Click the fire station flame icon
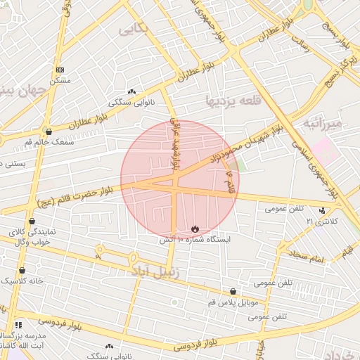click(x=195, y=229)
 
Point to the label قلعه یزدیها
click(x=233, y=102)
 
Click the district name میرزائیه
click(x=323, y=124)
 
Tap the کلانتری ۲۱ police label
click(x=322, y=221)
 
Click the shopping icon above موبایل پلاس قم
click(x=233, y=292)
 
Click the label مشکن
click(x=60, y=80)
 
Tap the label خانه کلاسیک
click(x=22, y=281)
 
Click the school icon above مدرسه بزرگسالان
click(x=18, y=325)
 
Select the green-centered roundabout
click(x=174, y=302)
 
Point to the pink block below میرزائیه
click(x=323, y=150)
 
